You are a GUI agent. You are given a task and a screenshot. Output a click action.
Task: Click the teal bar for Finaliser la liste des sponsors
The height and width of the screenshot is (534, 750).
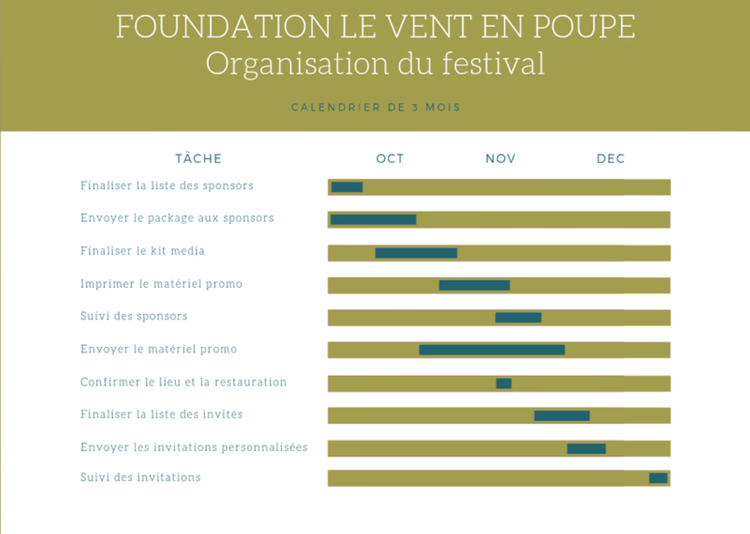coord(347,187)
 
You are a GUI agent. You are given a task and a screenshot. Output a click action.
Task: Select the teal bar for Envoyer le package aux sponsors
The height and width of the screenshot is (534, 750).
coord(373,219)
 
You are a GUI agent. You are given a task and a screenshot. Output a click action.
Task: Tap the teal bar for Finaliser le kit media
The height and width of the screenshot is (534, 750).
coord(416,253)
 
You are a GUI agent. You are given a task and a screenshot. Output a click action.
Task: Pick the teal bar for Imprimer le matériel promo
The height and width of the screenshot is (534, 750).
coord(474,285)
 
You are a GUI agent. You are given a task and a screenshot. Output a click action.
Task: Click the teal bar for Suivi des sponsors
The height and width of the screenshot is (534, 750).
coord(518,318)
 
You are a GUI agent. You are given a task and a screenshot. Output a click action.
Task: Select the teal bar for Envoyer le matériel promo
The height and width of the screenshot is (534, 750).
coord(492,350)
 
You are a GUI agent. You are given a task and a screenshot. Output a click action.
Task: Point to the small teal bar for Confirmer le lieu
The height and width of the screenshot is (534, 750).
coord(504,384)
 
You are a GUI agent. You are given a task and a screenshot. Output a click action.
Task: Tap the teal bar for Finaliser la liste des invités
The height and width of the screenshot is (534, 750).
coord(562,416)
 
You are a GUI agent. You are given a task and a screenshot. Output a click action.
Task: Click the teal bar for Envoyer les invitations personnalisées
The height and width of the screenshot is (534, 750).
coord(586,448)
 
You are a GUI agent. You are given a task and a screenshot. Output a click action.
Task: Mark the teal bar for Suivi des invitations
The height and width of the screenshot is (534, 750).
coord(658,478)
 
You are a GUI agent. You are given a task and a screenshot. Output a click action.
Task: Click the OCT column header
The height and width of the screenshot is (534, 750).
coord(390,159)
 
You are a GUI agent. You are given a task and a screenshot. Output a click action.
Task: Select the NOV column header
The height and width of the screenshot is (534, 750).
coord(501,159)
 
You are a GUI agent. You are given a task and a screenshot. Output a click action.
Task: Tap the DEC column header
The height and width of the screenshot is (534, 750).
coord(611,159)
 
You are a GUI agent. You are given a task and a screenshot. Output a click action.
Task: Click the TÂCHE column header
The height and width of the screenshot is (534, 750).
coord(199,159)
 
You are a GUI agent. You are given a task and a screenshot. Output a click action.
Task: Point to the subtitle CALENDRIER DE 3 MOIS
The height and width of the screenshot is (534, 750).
coord(376,108)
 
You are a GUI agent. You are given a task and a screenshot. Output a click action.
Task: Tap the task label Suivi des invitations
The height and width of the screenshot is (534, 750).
coord(141,477)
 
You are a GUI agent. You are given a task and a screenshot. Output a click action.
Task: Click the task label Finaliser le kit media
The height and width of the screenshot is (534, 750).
coord(143,251)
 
